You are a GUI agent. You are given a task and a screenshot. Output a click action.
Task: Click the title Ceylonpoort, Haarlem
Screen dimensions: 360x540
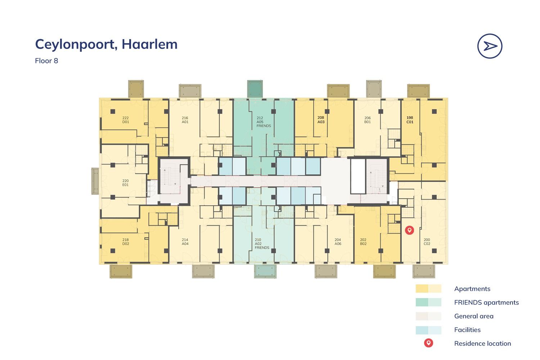click(x=106, y=44)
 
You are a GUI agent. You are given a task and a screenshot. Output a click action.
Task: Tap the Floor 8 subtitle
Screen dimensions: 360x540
click(x=46, y=60)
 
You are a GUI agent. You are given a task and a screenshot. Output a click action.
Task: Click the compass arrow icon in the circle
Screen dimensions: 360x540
click(x=490, y=46)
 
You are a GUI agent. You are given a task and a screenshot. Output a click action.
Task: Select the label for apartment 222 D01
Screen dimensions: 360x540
click(x=125, y=120)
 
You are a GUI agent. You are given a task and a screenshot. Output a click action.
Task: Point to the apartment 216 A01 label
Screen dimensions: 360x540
click(x=185, y=120)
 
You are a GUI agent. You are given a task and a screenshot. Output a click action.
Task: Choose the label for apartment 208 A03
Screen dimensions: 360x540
click(x=321, y=120)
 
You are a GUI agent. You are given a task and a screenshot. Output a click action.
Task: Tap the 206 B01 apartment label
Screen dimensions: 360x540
click(x=367, y=120)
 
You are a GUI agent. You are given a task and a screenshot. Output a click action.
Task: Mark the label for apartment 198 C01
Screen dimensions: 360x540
click(x=410, y=120)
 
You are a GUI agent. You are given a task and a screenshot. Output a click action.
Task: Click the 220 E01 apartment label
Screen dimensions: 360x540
click(x=125, y=183)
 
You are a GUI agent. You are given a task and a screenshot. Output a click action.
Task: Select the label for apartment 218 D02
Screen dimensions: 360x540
click(x=125, y=242)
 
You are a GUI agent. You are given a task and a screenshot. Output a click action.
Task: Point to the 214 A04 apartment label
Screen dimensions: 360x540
click(x=185, y=242)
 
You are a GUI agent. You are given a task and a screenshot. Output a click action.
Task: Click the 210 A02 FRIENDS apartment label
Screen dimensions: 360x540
click(x=262, y=244)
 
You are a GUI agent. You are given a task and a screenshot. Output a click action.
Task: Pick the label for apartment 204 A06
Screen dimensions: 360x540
click(x=338, y=242)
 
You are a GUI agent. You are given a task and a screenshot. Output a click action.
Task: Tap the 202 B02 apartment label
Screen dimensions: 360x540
click(x=363, y=242)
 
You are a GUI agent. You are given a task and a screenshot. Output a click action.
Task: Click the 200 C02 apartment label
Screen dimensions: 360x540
click(x=427, y=242)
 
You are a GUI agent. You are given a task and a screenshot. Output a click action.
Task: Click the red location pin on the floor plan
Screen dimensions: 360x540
click(x=409, y=230)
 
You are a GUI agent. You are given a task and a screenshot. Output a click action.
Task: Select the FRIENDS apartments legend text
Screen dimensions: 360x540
click(x=486, y=302)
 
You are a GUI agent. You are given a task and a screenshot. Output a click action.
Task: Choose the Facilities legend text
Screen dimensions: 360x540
click(x=467, y=330)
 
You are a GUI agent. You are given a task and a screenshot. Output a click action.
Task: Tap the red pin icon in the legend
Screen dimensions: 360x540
click(x=428, y=343)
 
